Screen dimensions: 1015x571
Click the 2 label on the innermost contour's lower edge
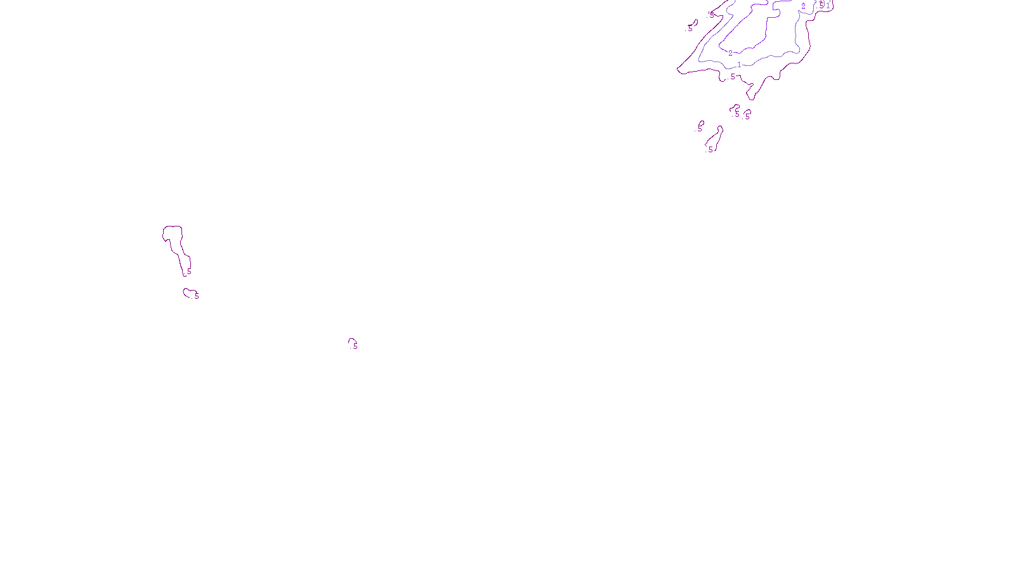tap(730, 53)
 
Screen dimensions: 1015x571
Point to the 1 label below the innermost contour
tap(739, 65)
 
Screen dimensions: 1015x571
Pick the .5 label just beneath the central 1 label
tap(732, 77)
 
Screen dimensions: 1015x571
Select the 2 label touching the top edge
tap(803, 6)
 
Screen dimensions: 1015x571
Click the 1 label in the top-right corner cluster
tap(828, 6)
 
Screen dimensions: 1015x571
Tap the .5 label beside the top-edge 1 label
tap(822, 4)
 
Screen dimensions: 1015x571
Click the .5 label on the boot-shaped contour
tap(188, 272)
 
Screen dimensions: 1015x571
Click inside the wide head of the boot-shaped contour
tap(173, 233)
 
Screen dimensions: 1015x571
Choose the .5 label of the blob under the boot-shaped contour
tap(196, 296)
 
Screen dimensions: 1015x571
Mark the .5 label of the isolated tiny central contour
tap(355, 346)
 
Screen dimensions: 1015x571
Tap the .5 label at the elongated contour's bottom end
tap(710, 150)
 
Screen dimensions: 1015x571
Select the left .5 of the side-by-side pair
tap(737, 114)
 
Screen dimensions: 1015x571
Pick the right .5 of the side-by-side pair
tap(747, 117)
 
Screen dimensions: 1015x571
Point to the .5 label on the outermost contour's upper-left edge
tap(711, 14)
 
